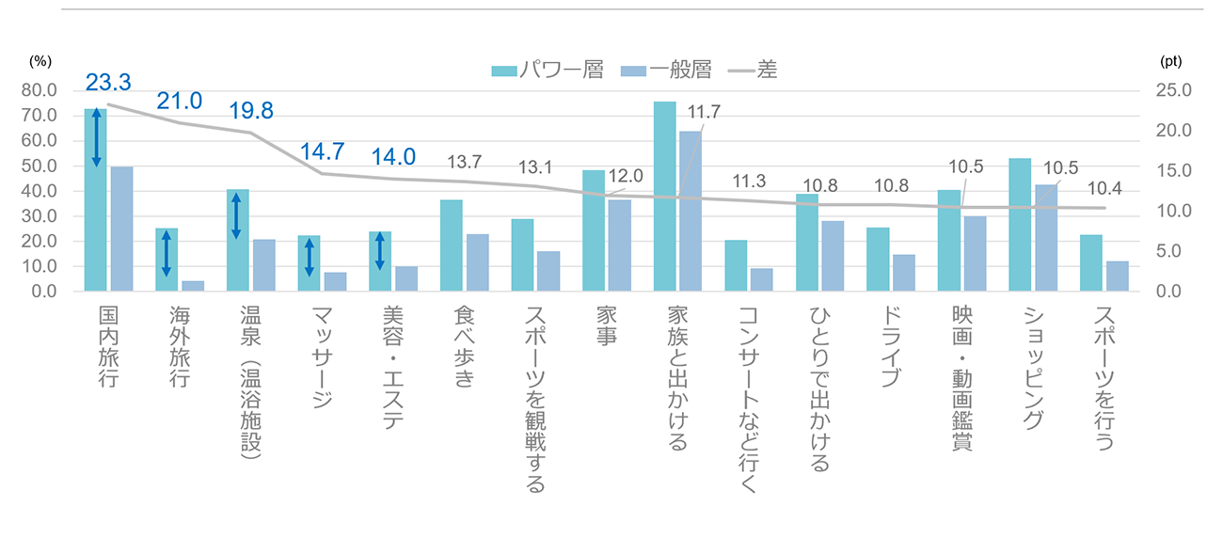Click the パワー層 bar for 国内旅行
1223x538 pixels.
(x=95, y=199)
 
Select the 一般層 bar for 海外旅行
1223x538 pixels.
(x=193, y=286)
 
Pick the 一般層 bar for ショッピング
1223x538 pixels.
(x=1046, y=237)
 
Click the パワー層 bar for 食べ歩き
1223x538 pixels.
(x=452, y=245)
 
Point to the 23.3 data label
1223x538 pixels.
(x=106, y=83)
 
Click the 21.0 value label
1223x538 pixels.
(x=178, y=102)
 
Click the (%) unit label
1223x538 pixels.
(x=40, y=59)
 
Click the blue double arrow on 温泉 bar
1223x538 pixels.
(x=236, y=215)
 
